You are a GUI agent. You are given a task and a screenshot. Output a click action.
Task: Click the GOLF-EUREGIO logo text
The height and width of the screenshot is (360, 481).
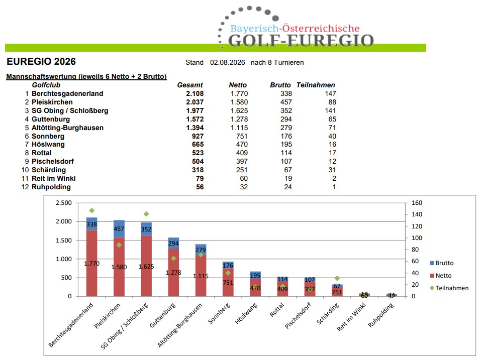pos(301,41)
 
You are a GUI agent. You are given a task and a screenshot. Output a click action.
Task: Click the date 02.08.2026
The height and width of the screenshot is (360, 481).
pos(227,62)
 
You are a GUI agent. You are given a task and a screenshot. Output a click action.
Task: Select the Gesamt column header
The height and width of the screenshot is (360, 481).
pos(190,85)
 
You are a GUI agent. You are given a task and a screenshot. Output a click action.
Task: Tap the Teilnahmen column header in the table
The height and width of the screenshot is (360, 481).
pos(316,85)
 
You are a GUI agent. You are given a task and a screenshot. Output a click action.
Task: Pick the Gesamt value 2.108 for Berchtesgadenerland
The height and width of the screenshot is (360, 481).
pos(195,94)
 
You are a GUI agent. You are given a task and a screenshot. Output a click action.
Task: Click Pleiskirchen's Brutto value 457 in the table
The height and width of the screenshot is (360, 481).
pos(286,102)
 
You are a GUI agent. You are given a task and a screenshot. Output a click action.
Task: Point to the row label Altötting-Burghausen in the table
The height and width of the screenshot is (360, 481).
pos(67,128)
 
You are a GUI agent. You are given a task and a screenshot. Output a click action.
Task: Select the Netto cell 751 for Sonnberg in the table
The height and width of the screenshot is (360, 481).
pos(242,137)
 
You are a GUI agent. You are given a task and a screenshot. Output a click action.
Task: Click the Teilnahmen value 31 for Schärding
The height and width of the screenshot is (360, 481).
pos(332,170)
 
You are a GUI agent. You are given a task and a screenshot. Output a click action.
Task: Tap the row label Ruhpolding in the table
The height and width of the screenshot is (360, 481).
pos(51,187)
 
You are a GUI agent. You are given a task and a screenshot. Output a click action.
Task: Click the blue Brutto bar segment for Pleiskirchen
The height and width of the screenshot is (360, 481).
pos(119,228)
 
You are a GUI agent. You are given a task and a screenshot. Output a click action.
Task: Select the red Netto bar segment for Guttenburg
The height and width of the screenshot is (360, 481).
pos(173,272)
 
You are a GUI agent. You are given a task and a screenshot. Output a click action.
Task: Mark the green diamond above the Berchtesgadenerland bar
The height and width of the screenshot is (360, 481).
pos(91,210)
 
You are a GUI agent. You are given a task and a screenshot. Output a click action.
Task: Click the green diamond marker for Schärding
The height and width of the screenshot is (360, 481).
pos(337,278)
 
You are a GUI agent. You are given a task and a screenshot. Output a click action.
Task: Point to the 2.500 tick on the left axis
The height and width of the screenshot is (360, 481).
pos(63,203)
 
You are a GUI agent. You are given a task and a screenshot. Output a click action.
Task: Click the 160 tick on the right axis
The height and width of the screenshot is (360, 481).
pos(417,203)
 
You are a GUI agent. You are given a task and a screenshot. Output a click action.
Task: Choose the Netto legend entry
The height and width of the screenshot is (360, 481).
pos(441,276)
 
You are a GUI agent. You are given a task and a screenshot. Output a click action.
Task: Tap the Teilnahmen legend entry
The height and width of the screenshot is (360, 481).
pos(449,288)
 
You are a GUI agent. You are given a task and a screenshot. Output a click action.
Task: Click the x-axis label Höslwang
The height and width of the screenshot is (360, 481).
pos(246,313)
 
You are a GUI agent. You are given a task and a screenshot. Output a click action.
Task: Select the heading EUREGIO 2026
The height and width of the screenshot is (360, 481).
pos(41,62)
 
